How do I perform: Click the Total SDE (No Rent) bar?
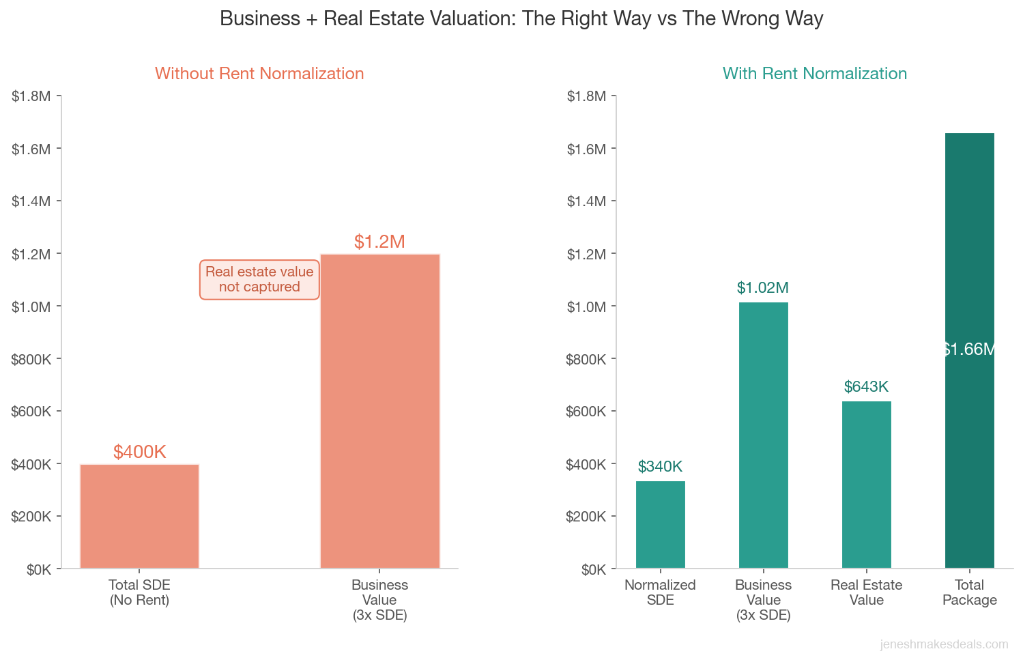tap(139, 516)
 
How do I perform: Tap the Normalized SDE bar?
tap(660, 524)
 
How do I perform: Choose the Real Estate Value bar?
tap(866, 485)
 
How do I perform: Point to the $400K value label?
tap(140, 452)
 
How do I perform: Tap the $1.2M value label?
tap(379, 242)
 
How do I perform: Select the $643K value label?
tap(866, 387)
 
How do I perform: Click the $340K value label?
tap(660, 467)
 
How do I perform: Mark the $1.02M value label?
tap(763, 288)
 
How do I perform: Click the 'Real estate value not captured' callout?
tap(259, 279)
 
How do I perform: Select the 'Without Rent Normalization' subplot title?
tap(259, 74)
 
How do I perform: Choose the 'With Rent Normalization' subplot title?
tap(815, 74)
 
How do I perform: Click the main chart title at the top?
tap(521, 18)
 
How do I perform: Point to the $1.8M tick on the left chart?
tap(31, 96)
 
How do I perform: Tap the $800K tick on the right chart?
tap(586, 359)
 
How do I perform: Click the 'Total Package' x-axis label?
tap(969, 592)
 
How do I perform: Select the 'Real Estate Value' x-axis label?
tap(866, 592)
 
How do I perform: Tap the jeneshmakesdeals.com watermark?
tap(944, 644)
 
